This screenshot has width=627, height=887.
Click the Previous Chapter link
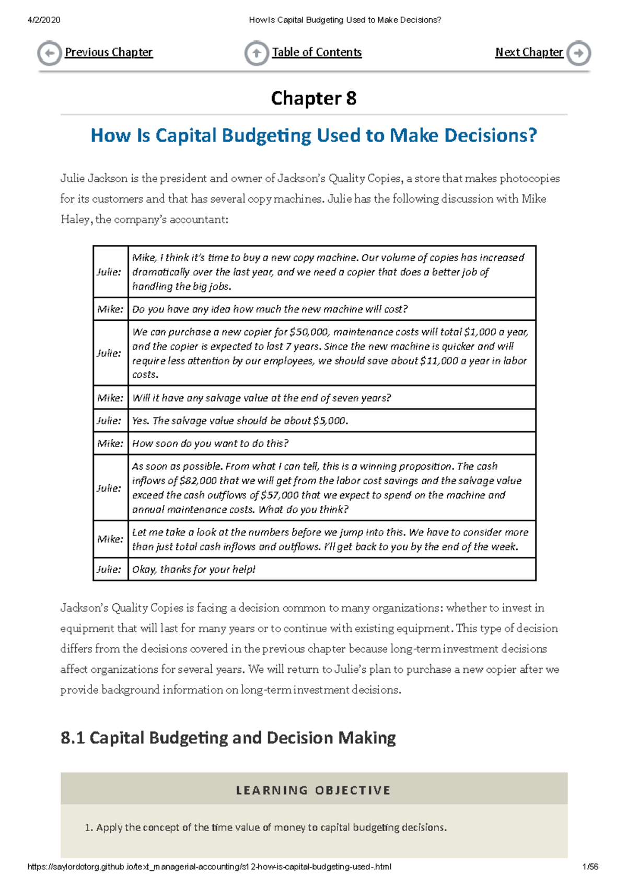click(109, 52)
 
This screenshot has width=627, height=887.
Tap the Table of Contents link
click(317, 52)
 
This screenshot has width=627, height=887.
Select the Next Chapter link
click(529, 52)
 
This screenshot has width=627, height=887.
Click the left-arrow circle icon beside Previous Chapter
click(50, 53)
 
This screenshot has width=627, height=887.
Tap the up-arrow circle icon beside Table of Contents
click(257, 53)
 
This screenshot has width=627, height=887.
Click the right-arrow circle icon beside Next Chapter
click(579, 53)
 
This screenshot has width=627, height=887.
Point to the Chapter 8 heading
click(313, 98)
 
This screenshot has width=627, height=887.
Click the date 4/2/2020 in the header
click(44, 20)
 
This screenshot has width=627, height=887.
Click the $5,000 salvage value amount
click(330, 421)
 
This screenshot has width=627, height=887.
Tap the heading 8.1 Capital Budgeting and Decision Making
click(228, 738)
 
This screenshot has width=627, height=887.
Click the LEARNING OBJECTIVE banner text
click(313, 790)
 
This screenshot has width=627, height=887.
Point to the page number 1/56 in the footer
click(590, 867)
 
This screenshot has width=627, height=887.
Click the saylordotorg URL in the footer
click(209, 867)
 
